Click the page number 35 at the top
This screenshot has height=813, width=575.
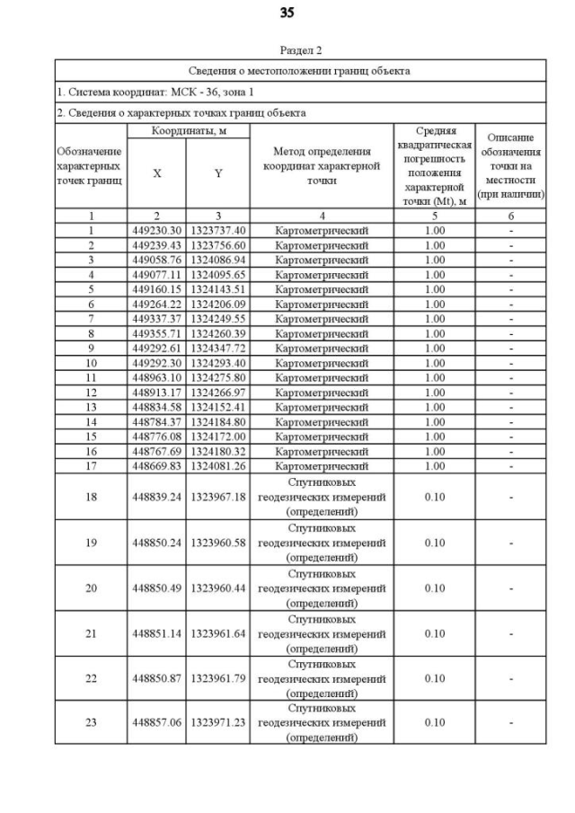click(287, 13)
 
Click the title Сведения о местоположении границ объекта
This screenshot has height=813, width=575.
click(299, 70)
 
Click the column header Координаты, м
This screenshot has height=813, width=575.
click(187, 131)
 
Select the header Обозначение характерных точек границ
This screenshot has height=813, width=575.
click(90, 166)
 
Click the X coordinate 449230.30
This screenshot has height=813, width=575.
click(156, 230)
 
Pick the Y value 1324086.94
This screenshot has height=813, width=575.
click(217, 260)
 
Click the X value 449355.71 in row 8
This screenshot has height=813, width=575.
click(156, 333)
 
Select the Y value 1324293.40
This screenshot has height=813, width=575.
click(217, 363)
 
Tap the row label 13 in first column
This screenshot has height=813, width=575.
click(90, 407)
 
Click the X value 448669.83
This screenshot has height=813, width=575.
click(156, 465)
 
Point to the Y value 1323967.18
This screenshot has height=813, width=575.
click(217, 496)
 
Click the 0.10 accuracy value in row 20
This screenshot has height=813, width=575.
click(434, 588)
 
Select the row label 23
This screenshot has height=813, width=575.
click(90, 722)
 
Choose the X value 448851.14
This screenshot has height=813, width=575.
click(156, 633)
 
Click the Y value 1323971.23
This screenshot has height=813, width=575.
click(217, 722)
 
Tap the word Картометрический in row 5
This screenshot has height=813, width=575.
click(321, 289)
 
